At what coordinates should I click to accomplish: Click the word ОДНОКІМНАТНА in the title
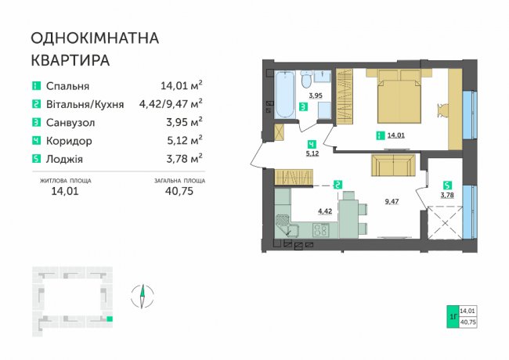[x=95, y=38]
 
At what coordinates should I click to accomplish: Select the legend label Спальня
[x=67, y=86]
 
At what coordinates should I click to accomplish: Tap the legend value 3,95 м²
[x=184, y=122]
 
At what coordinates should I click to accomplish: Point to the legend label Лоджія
[x=64, y=159]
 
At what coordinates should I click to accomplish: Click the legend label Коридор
[x=69, y=141]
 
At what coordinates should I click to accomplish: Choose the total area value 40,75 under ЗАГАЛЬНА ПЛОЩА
[x=179, y=191]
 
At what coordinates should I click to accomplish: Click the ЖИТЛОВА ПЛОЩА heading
[x=65, y=181]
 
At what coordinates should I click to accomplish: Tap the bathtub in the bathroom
[x=285, y=95]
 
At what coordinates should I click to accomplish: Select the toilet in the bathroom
[x=305, y=79]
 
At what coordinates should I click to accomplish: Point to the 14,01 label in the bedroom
[x=396, y=135]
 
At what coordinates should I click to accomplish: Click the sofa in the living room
[x=393, y=165]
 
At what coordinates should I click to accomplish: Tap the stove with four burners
[x=321, y=230]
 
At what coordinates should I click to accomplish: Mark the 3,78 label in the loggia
[x=447, y=195]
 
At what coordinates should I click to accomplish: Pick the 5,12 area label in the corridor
[x=312, y=153]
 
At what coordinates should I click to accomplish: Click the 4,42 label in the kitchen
[x=325, y=211]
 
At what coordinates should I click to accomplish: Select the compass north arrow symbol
[x=143, y=296]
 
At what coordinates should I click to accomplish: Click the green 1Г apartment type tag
[x=453, y=316]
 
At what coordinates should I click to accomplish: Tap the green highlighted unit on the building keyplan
[x=110, y=319]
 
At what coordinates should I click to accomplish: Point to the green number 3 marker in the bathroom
[x=303, y=107]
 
